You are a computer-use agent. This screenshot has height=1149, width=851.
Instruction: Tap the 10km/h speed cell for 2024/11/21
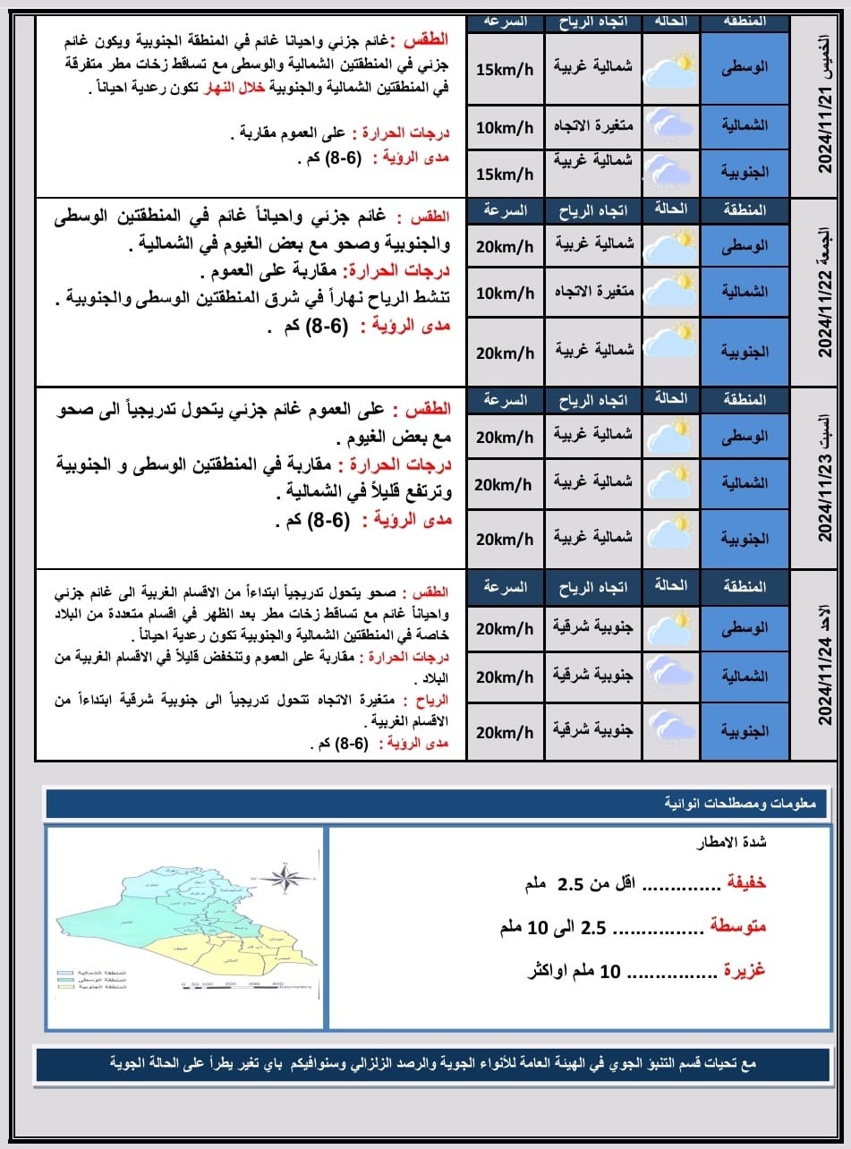click(504, 127)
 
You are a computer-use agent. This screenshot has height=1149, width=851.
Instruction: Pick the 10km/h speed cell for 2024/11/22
click(504, 293)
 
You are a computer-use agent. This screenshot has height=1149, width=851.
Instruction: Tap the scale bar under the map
click(245, 985)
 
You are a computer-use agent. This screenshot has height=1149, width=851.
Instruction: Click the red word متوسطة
click(737, 928)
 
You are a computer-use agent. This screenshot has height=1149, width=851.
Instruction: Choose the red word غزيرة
click(744, 971)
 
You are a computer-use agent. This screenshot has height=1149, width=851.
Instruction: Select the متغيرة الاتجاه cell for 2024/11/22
click(594, 293)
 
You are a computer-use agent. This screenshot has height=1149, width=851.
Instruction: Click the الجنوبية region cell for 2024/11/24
click(745, 731)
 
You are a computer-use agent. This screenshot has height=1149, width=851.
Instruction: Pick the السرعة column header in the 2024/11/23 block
click(504, 399)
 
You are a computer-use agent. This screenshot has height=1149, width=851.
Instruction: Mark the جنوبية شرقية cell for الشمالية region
click(594, 676)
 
